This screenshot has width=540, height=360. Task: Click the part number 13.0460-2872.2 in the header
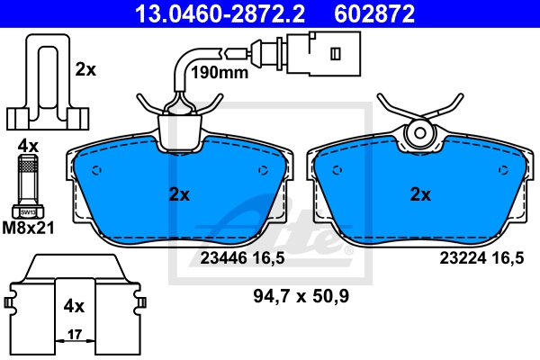(220, 13)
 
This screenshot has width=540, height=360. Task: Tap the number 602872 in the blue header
(374, 13)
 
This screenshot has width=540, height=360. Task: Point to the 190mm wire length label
(220, 72)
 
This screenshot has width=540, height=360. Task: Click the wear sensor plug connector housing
(324, 53)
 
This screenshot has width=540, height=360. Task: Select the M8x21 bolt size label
(28, 228)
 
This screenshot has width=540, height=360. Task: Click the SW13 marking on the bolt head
(28, 212)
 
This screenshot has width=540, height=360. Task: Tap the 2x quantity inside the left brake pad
(179, 194)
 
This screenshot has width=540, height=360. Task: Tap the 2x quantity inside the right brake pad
(420, 194)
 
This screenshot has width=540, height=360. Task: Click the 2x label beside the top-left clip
(85, 69)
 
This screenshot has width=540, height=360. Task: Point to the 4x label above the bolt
(28, 147)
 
